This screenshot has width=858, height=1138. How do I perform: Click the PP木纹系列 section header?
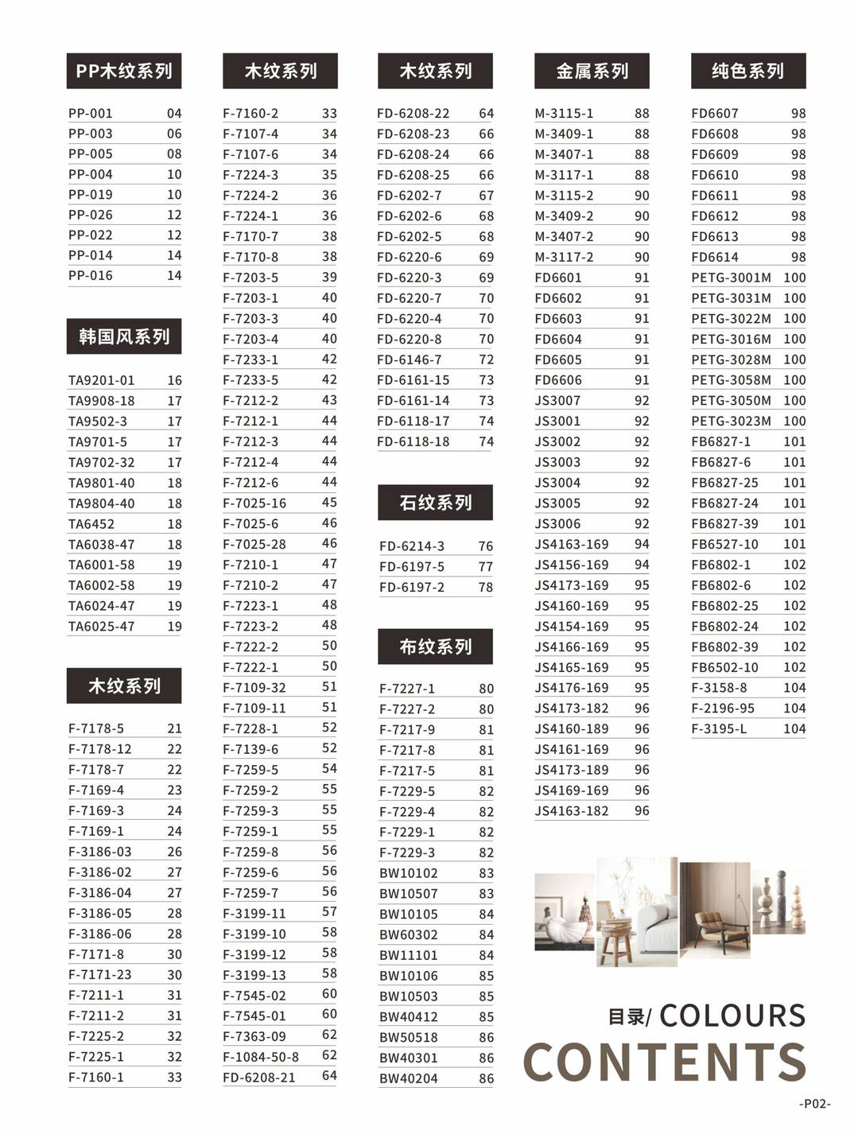[x=124, y=72]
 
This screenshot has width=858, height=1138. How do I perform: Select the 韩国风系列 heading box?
[x=124, y=336]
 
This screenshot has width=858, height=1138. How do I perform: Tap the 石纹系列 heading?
[x=435, y=503]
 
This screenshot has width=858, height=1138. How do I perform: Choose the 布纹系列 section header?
[x=435, y=647]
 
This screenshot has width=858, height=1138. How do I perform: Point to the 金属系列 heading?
[x=592, y=72]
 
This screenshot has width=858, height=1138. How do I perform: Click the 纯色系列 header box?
[x=747, y=72]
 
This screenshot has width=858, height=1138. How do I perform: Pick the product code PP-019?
[x=91, y=195]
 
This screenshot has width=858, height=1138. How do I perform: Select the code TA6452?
[x=91, y=524]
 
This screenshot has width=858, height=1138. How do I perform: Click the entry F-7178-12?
[x=100, y=749]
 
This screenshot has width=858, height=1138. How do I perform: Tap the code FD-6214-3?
[x=412, y=546]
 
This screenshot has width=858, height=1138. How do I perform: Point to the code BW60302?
[x=409, y=934]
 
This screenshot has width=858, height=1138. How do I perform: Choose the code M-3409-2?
[x=564, y=216]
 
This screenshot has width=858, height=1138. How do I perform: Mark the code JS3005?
[x=557, y=503]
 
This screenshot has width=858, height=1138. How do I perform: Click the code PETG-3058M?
[x=731, y=380]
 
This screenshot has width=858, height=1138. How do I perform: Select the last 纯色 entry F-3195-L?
[x=719, y=728]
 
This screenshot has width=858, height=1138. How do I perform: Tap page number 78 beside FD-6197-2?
[x=486, y=588]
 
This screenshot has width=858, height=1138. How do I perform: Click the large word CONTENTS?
[x=665, y=1062]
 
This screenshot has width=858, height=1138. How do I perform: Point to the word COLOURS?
[x=732, y=1016]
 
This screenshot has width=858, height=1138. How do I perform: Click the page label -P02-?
[x=815, y=1104]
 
